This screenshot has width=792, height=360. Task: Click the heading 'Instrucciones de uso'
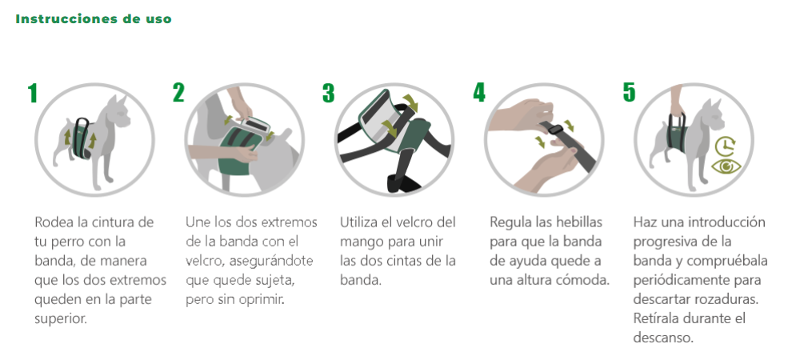94,19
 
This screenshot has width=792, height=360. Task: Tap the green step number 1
33,94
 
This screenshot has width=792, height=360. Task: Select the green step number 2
178,92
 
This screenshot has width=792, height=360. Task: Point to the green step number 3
328,93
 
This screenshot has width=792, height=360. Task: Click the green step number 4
479,92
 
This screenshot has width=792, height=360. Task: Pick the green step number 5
629,92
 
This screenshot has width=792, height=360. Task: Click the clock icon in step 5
726,146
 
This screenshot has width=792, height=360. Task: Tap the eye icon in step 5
726,166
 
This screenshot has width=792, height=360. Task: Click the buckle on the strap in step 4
555,128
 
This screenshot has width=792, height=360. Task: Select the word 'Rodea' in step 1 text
54,222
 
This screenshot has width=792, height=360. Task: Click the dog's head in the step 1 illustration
118,113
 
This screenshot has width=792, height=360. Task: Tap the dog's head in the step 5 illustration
713,117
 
